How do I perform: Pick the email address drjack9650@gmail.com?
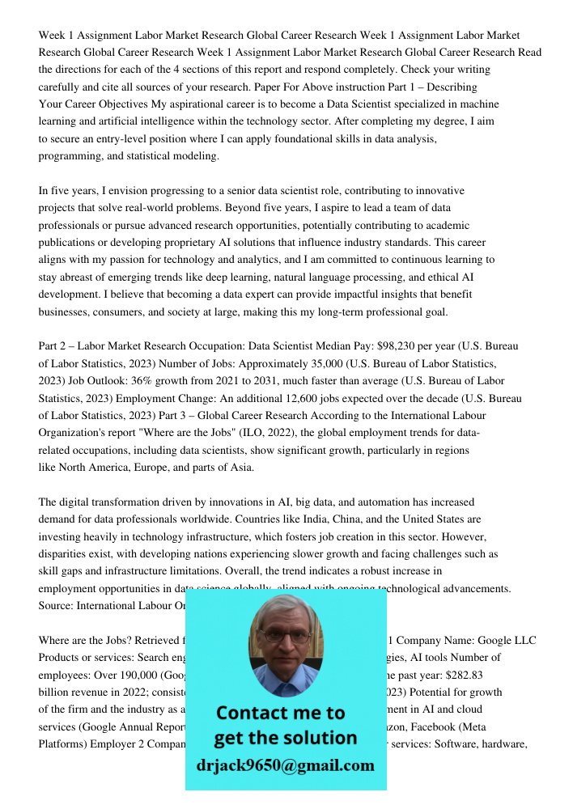click(286, 765)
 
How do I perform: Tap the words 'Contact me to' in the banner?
click(280, 713)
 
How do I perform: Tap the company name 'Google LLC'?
click(507, 641)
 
